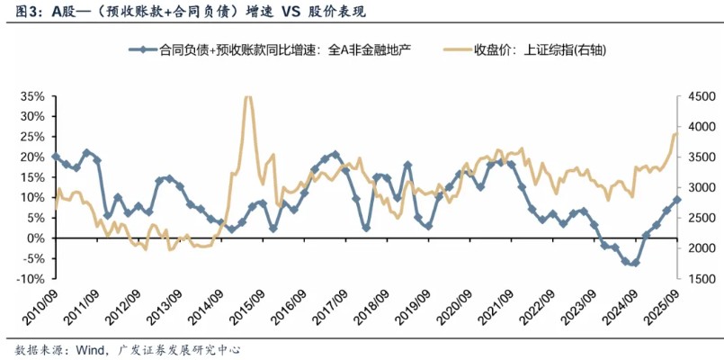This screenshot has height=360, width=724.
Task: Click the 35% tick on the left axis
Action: pyautogui.click(x=32, y=96)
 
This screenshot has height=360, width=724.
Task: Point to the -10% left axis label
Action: pyautogui.click(x=31, y=279)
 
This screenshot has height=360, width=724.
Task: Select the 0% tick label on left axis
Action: pyautogui.click(x=35, y=238)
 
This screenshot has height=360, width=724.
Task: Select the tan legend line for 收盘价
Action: pyautogui.click(x=453, y=51)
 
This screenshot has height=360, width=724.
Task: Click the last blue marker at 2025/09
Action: pyautogui.click(x=677, y=200)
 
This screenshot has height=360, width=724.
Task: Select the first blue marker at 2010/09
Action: pyautogui.click(x=56, y=157)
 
